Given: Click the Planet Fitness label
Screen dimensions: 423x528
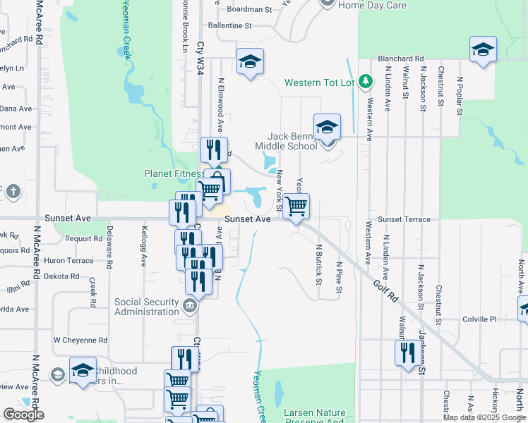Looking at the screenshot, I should pos(174,173).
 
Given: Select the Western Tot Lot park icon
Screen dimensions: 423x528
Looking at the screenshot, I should pos(365,82).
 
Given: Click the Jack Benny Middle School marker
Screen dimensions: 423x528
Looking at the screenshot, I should pos(327,128).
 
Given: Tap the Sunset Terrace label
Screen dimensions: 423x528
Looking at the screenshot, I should pos(404,219).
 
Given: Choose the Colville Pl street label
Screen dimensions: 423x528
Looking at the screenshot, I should pos(479,319).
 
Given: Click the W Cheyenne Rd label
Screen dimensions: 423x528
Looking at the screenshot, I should pos(80,340).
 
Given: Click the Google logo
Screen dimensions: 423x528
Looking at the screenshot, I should pos(23,415).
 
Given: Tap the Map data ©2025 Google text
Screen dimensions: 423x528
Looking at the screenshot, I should pos(484,417).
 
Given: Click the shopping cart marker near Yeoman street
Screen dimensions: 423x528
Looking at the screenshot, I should pos(297,207).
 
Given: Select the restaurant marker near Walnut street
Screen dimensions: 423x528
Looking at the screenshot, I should pos(407,352).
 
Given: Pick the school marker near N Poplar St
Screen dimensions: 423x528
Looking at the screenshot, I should pos(483,49).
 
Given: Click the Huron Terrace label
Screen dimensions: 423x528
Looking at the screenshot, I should pos(68,260).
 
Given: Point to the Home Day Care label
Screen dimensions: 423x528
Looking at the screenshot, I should pos(372,5).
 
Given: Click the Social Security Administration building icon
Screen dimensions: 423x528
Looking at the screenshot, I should pos(189,305).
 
